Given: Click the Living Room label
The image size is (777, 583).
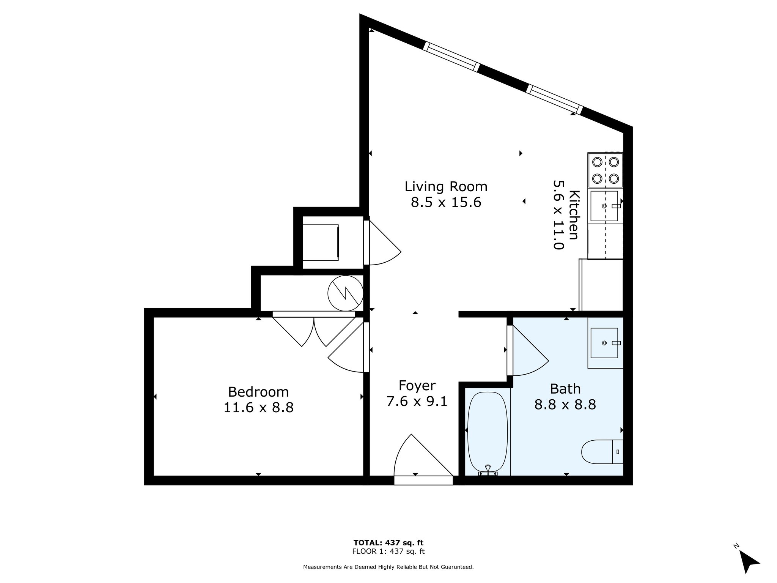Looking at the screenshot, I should [x=446, y=187].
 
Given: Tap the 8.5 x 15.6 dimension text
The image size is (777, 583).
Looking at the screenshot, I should [x=446, y=202].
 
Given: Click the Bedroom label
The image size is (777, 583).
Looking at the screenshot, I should [x=258, y=392].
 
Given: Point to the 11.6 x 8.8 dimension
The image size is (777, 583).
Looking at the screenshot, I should [x=258, y=408].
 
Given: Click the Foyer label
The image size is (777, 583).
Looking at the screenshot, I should [x=417, y=386].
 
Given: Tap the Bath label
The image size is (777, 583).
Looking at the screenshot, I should [x=565, y=389].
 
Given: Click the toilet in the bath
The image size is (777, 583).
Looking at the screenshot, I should [x=601, y=452].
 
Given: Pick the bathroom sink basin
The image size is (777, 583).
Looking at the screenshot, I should [x=604, y=343].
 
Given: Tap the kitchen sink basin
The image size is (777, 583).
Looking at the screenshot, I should [x=604, y=206].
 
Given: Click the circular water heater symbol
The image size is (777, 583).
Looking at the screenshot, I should [x=345, y=293].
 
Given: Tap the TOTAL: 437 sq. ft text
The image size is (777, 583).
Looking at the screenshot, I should [x=388, y=543].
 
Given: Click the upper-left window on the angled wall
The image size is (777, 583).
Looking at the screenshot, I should [x=451, y=57].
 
